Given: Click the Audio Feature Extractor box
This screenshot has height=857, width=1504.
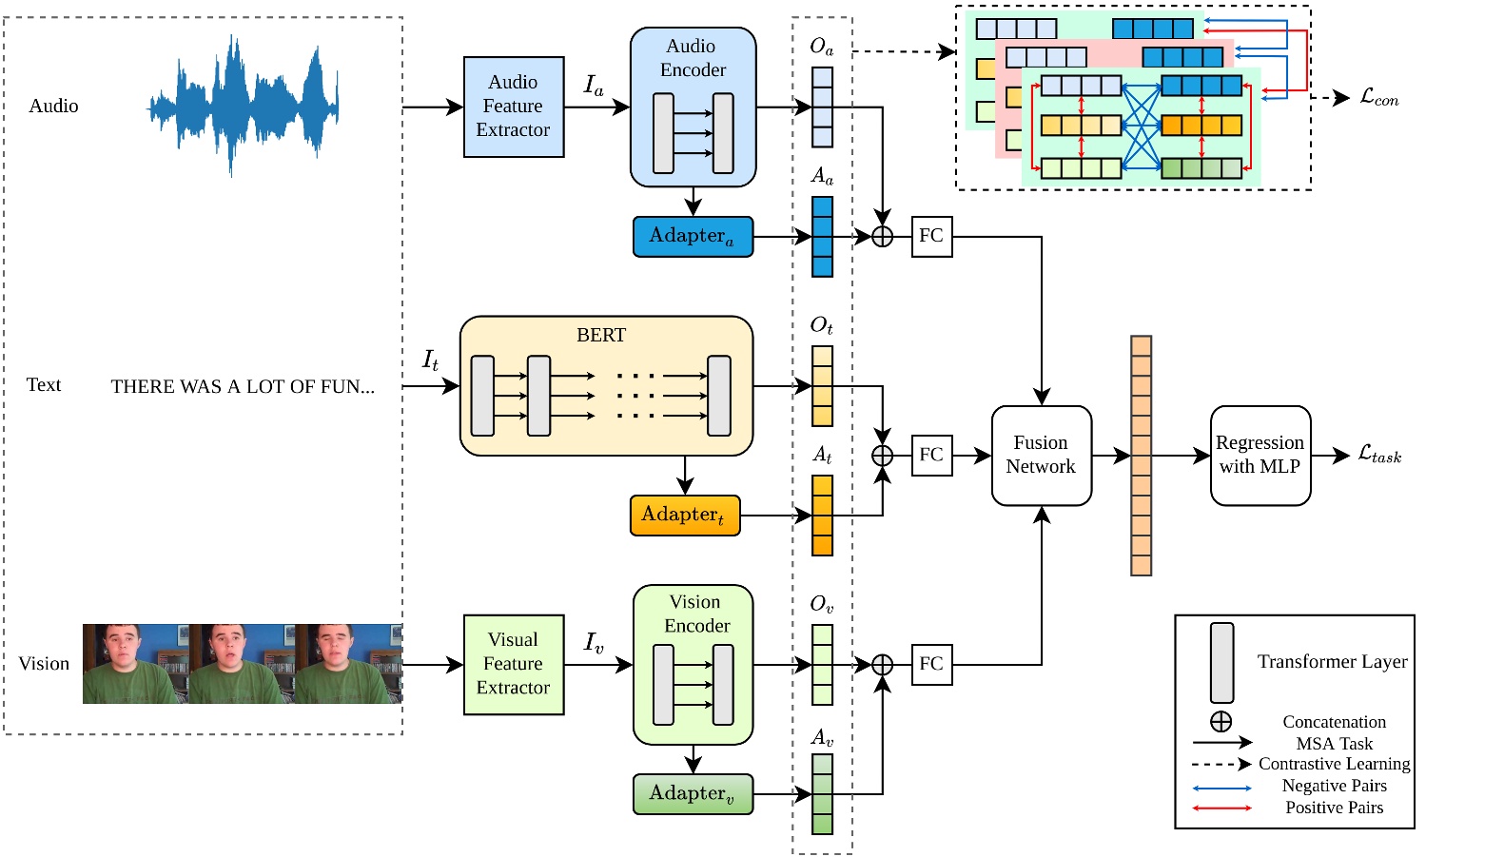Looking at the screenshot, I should point(513,107).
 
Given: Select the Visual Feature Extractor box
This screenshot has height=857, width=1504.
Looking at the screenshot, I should point(513,664).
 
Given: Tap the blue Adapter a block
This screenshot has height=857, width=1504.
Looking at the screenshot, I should point(693,236).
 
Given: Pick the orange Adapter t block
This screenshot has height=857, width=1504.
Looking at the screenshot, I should point(684,516).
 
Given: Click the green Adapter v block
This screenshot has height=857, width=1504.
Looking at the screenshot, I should point(693,794).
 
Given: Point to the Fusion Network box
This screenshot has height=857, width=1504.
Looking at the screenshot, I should point(1041,456).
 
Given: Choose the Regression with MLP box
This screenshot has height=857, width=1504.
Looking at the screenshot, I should point(1260,456).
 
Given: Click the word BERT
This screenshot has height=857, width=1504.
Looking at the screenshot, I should point(601,336).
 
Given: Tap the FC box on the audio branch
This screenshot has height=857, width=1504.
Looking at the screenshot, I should point(931,236).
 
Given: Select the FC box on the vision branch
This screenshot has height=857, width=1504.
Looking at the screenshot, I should point(931,664).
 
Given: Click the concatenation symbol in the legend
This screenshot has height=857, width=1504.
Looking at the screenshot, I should point(1221,722).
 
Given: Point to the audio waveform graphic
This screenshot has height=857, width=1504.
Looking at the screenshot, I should point(243,105).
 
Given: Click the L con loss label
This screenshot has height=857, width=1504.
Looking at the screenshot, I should point(1378,97).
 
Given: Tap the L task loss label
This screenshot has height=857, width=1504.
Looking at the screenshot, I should point(1379,455).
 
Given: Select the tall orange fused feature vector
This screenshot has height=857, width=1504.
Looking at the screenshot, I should point(1141,456).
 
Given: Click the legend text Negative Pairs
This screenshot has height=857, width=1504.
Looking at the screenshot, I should point(1334,786).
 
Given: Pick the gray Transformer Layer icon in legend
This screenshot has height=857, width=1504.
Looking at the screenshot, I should point(1221,663).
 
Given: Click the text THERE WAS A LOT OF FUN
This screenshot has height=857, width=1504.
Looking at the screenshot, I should point(243,386).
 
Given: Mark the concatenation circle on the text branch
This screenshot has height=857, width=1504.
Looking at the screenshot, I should point(882,456).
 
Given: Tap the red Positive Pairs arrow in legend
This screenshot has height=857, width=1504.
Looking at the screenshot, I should point(1222,808).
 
